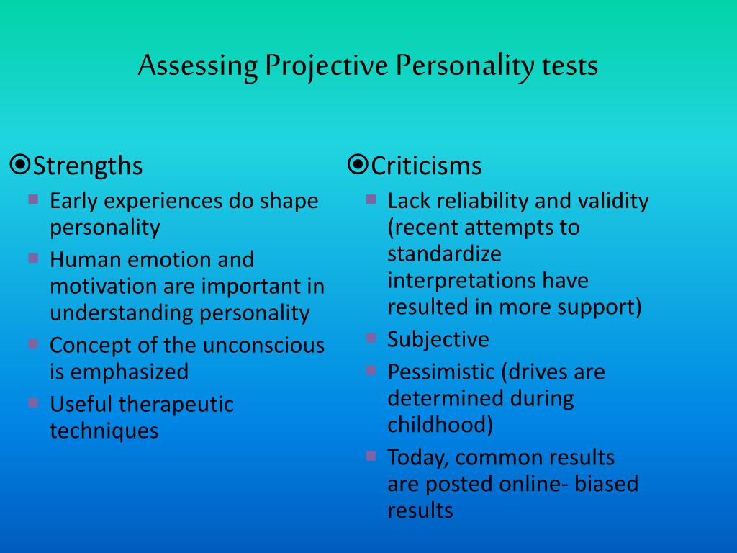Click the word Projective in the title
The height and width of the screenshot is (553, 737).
pos(326,66)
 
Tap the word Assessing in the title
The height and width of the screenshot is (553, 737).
pos(198,66)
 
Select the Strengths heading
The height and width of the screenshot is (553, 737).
pos(87,166)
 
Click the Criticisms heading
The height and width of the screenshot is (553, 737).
pos(426,166)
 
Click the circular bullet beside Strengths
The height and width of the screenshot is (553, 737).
pos(20,165)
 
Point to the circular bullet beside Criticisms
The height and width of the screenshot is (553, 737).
pos(358,165)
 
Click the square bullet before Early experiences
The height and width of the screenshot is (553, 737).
pos(33,200)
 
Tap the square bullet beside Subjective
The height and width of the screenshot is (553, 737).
pos(371,338)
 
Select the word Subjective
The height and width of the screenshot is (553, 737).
pos(438,340)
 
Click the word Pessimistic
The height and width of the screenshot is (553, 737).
pos(441,372)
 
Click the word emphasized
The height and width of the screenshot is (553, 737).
pos(130,373)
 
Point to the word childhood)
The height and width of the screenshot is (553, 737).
pos(440,425)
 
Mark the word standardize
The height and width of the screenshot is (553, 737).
pos(444,254)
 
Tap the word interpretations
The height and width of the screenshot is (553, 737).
pos(461,282)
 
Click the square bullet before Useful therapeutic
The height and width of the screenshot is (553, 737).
pos(33,403)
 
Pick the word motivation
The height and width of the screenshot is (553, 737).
pos(103,287)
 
